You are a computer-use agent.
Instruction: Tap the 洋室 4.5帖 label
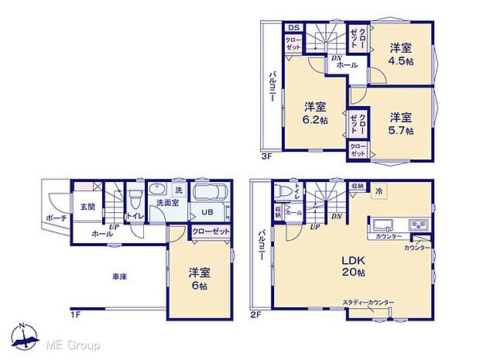pos(401,53)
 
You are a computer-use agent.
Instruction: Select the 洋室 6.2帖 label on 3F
pos(314,113)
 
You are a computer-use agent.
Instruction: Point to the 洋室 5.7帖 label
pos(401,124)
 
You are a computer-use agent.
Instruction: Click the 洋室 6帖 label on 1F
pos(200,279)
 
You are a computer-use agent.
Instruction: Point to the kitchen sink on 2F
pos(386,225)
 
